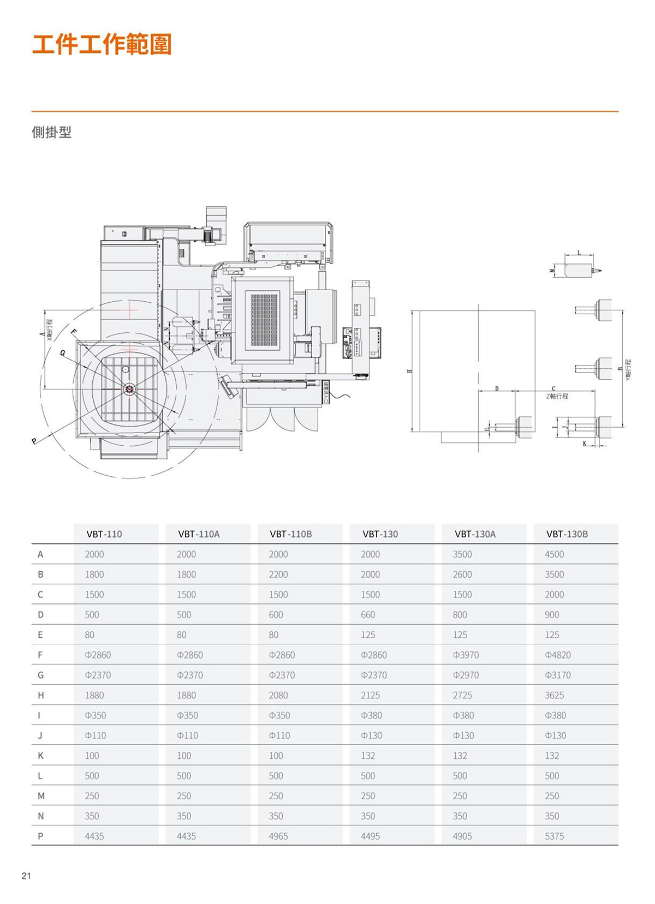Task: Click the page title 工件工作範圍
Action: click(x=102, y=44)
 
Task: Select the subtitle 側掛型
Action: click(x=51, y=133)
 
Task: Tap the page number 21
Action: click(x=26, y=876)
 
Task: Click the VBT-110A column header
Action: click(x=199, y=534)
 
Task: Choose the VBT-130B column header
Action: click(x=567, y=534)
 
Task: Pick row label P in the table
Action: click(x=40, y=836)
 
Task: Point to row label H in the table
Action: click(x=40, y=696)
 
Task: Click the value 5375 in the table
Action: click(x=554, y=836)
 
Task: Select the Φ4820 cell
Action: click(x=557, y=655)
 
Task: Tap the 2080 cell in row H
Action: click(x=278, y=696)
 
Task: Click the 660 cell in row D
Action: click(x=368, y=615)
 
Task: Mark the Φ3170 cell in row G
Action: click(x=557, y=675)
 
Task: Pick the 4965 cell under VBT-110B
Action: click(x=278, y=836)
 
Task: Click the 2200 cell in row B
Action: click(x=278, y=574)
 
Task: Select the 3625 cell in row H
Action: click(x=554, y=696)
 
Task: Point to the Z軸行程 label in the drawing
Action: click(x=557, y=396)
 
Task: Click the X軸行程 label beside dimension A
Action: click(x=50, y=330)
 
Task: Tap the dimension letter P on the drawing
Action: click(x=34, y=441)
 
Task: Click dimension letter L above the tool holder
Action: click(x=579, y=253)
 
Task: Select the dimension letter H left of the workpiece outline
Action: click(x=410, y=371)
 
